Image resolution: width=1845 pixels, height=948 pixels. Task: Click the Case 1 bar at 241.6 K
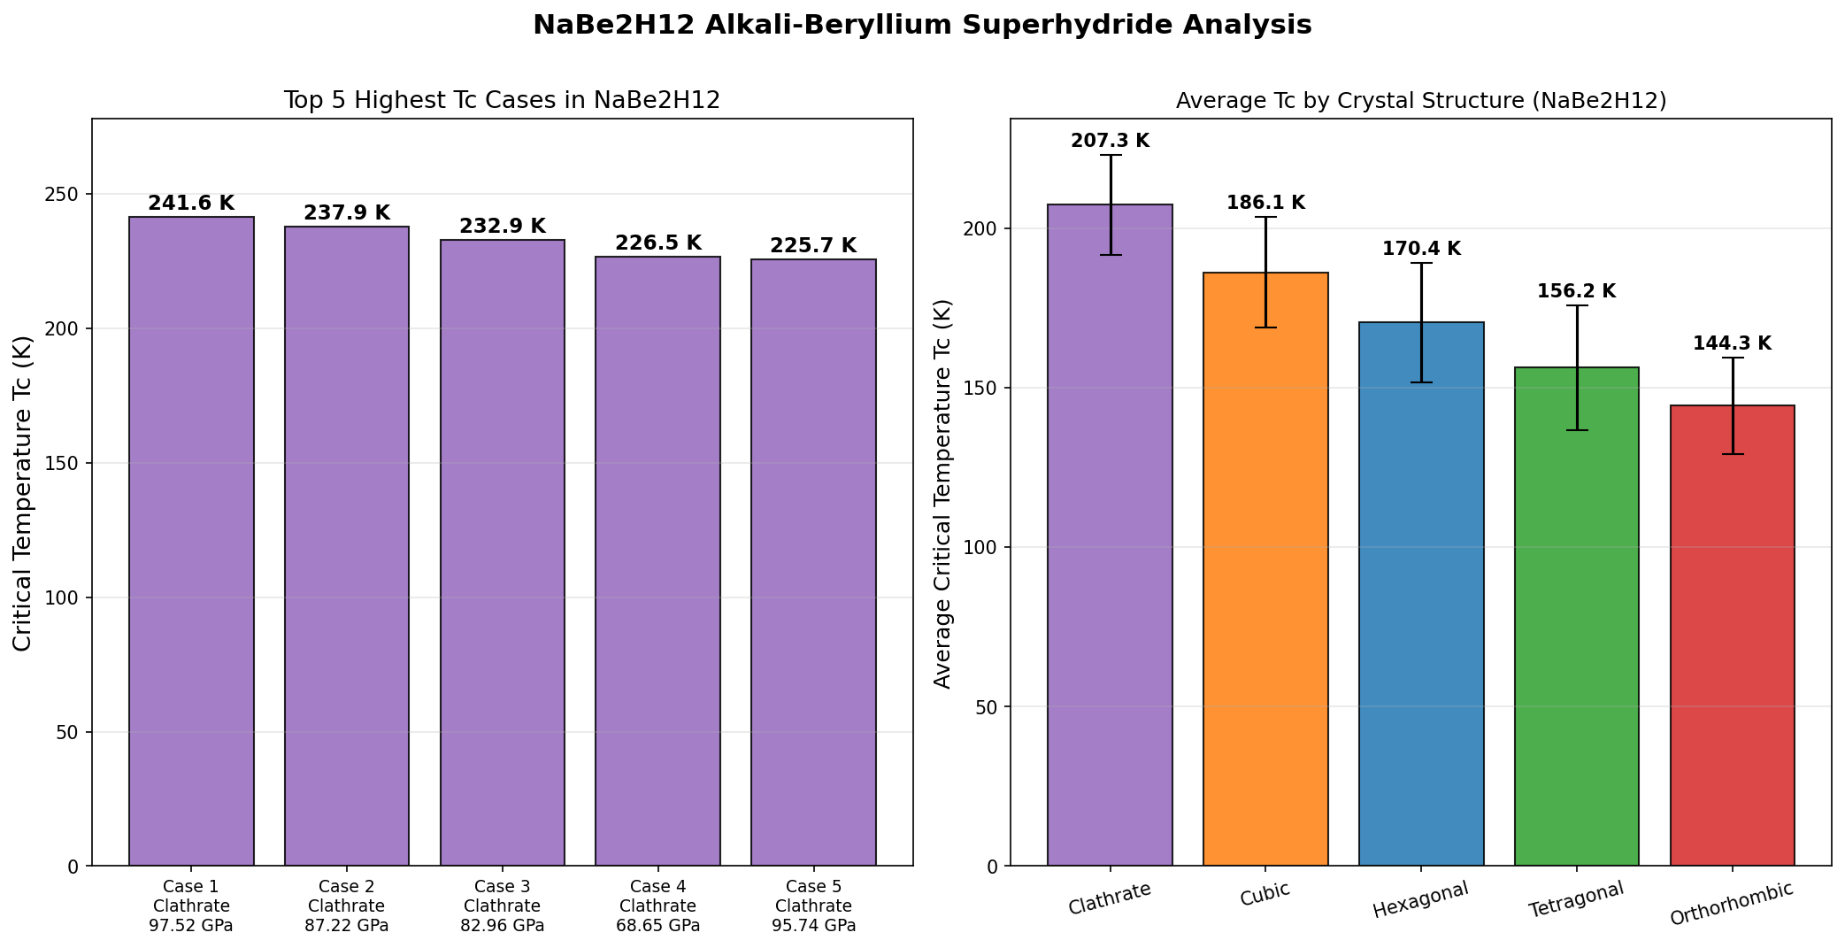[x=191, y=541]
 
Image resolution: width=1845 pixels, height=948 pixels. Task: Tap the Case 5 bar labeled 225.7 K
[x=813, y=562]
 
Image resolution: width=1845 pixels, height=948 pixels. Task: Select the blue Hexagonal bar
[x=1421, y=594]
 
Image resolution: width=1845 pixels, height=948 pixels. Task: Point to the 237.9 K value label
[x=347, y=213]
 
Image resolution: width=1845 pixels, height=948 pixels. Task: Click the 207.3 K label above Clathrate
[x=1110, y=141]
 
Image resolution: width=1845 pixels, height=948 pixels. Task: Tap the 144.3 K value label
[x=1733, y=343]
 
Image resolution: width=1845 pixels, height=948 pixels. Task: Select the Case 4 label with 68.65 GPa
[x=658, y=906]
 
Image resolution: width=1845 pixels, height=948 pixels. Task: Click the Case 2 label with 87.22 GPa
[x=347, y=906]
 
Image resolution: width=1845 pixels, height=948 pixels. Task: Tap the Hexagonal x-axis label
[x=1420, y=899]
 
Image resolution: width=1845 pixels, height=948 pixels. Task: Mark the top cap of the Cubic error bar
[x=1265, y=217]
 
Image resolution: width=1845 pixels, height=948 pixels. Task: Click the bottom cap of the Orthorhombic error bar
[x=1733, y=454]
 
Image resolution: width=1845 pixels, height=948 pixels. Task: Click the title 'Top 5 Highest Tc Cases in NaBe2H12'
[x=502, y=101]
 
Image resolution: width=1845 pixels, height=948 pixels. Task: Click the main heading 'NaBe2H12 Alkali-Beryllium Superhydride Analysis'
[x=922, y=25]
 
